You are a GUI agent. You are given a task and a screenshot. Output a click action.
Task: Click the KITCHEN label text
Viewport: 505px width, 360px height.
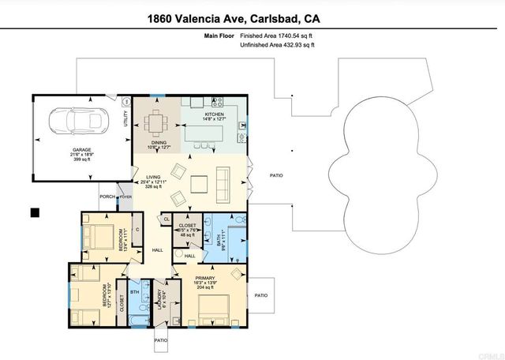click(x=214, y=114)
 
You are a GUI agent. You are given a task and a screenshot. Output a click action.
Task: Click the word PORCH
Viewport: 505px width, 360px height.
click(x=107, y=197)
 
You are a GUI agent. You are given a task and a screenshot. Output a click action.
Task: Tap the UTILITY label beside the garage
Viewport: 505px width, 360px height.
click(x=125, y=118)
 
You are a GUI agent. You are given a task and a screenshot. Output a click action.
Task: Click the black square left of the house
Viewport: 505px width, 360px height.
click(x=35, y=212)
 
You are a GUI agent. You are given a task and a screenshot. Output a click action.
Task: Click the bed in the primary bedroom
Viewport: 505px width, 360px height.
click(x=214, y=308)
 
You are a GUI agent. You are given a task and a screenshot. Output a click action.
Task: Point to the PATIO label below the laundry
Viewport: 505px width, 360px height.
click(x=160, y=340)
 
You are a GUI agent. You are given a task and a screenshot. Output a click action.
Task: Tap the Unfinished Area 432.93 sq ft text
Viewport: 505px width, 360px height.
click(x=276, y=46)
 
